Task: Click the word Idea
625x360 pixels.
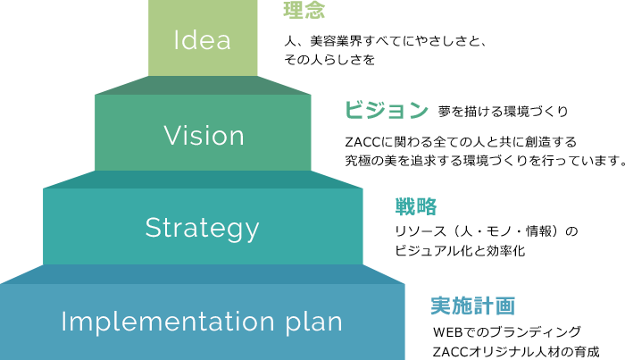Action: point(202,40)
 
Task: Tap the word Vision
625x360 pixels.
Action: point(204,136)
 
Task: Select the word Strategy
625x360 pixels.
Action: point(202,228)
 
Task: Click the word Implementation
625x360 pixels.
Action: point(165,322)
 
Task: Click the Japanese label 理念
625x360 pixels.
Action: point(304,11)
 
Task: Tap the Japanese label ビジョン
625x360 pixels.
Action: point(387,110)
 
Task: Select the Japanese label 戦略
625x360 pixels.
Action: point(416,207)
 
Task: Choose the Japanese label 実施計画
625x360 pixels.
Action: point(472,306)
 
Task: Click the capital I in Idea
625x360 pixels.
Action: point(176,40)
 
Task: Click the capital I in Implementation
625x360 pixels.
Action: point(64,322)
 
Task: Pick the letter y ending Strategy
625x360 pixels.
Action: point(252,230)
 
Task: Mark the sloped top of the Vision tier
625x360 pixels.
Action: point(204,85)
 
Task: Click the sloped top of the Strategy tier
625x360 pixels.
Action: point(204,180)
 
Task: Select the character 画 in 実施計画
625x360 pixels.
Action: point(505,306)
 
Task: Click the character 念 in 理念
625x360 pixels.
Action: point(314,11)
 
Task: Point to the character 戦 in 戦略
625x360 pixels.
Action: point(405,207)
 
